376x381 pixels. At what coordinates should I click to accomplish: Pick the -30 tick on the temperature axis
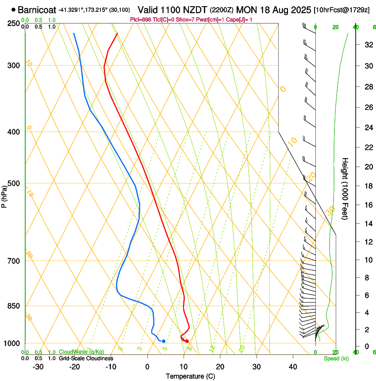(38, 367)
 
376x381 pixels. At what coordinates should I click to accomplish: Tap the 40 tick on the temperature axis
(293, 367)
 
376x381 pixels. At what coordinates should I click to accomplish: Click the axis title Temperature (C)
(190, 377)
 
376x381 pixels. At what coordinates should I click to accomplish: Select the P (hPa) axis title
(4, 195)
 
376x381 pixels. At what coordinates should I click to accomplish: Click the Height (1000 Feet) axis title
(345, 188)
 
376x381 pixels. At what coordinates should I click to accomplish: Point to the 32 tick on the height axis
(367, 45)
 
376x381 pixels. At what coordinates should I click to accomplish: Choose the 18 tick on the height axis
(367, 186)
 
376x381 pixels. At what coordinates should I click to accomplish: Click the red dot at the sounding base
(187, 341)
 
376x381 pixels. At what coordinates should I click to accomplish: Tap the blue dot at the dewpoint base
(164, 341)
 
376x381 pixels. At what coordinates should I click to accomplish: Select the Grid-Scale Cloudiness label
(86, 358)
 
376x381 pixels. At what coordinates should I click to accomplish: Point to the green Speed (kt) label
(336, 358)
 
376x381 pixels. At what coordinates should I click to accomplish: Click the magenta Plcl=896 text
(140, 19)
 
